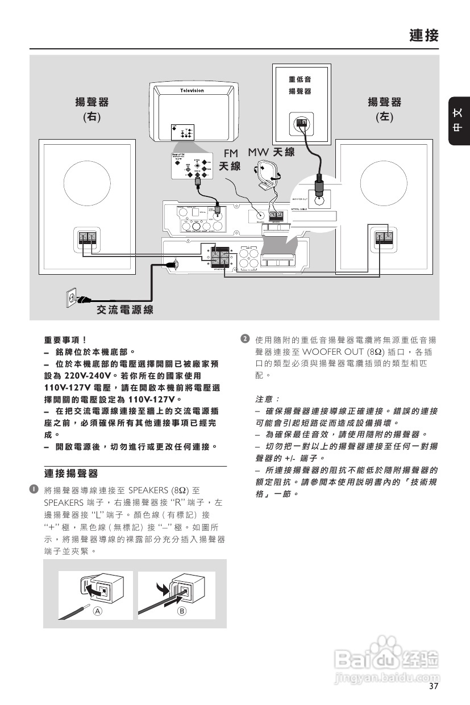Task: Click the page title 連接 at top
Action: tap(423, 36)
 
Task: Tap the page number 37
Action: tap(434, 686)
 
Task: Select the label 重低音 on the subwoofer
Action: tap(300, 79)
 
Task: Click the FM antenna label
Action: tap(230, 160)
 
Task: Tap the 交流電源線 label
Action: tap(124, 309)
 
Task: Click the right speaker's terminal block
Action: tap(88, 238)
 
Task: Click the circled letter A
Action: tap(98, 611)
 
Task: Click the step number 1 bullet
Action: tap(35, 489)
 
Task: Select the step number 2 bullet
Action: tap(245, 339)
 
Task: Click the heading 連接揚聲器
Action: tap(71, 473)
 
